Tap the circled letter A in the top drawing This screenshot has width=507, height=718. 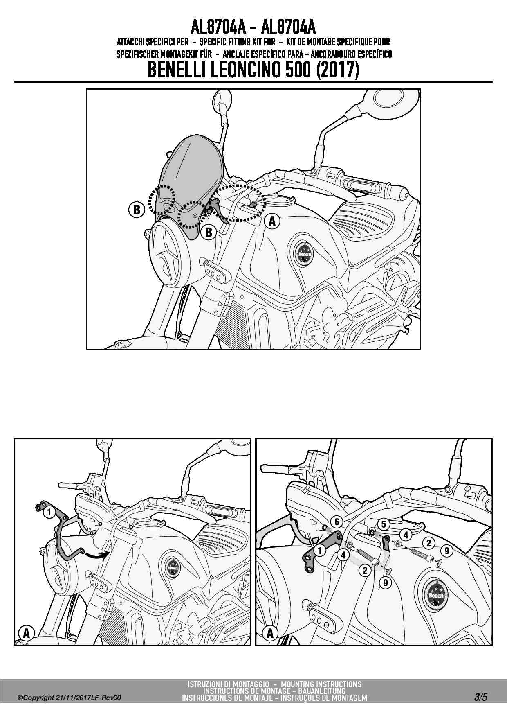272,221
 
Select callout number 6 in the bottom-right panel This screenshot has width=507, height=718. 337,522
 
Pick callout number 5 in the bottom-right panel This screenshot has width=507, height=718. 384,524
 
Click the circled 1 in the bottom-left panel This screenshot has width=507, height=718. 49,512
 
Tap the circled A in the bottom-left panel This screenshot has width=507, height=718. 27,633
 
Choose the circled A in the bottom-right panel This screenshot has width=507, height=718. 270,634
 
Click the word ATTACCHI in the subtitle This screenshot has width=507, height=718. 130,42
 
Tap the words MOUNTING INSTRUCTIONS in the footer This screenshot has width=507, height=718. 321,684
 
